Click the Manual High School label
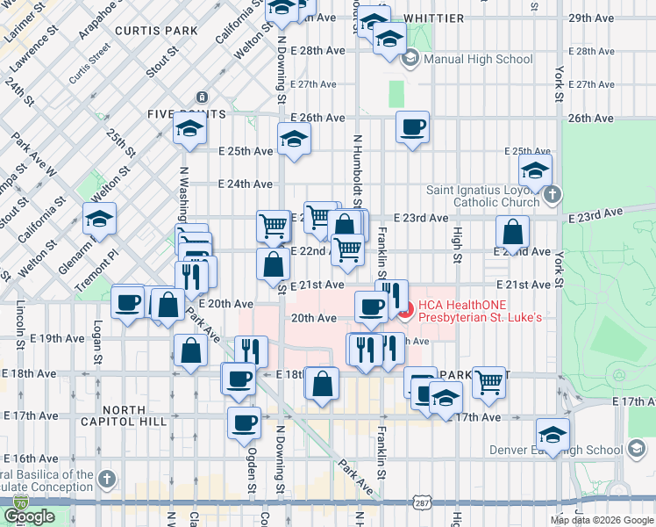[x=477, y=60]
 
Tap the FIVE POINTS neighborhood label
[x=186, y=114]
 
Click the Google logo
[x=30, y=516]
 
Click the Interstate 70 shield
[x=19, y=503]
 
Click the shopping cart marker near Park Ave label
[x=488, y=380]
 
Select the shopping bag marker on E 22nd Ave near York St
[x=512, y=233]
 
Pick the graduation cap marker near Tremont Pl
[x=100, y=218]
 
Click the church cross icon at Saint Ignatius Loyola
[x=552, y=195]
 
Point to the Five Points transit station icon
[x=202, y=97]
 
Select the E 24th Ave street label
[x=246, y=184]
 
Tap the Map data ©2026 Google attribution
[x=602, y=520]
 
